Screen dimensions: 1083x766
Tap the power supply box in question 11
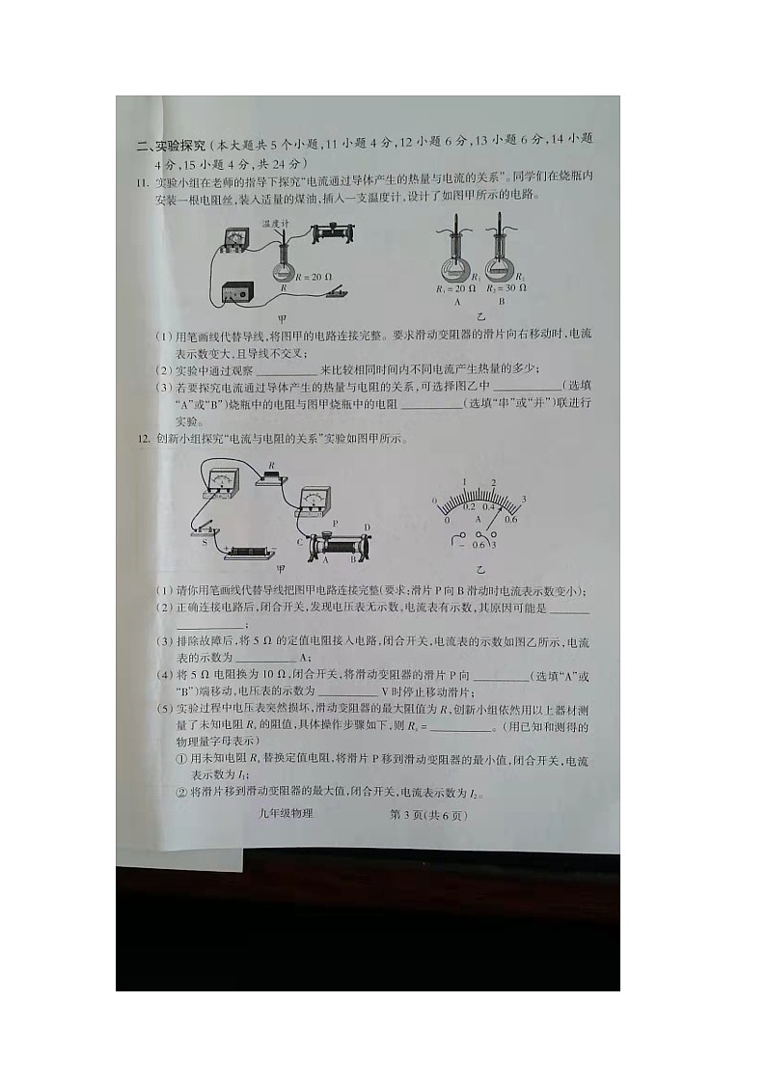[241, 291]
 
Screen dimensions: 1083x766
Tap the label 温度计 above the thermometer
[277, 223]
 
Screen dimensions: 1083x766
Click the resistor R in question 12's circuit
[273, 474]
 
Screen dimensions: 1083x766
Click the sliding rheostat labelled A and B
[340, 544]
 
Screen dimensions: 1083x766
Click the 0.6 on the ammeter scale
[510, 519]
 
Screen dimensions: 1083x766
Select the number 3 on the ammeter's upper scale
[523, 498]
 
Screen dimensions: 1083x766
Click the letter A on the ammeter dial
[478, 519]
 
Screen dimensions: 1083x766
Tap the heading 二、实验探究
[171, 146]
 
